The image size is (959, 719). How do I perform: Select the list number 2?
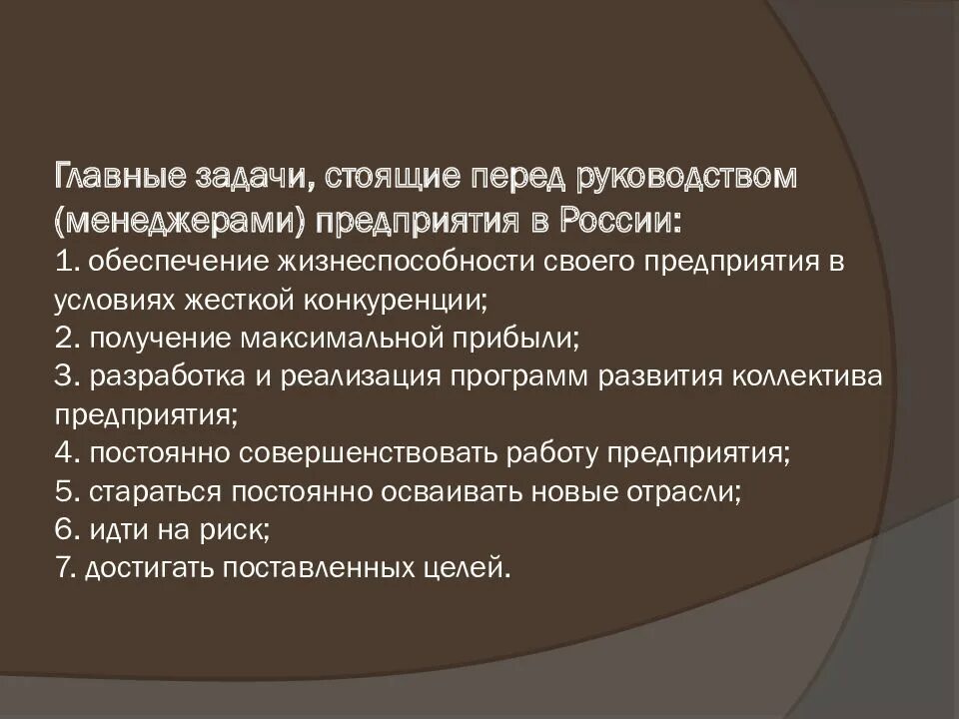click(x=66, y=338)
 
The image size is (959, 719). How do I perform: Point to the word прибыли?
click(x=526, y=338)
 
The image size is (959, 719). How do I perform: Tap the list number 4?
click(x=66, y=453)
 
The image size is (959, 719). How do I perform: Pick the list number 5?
click(x=66, y=491)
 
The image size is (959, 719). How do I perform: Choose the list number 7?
click(x=65, y=568)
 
